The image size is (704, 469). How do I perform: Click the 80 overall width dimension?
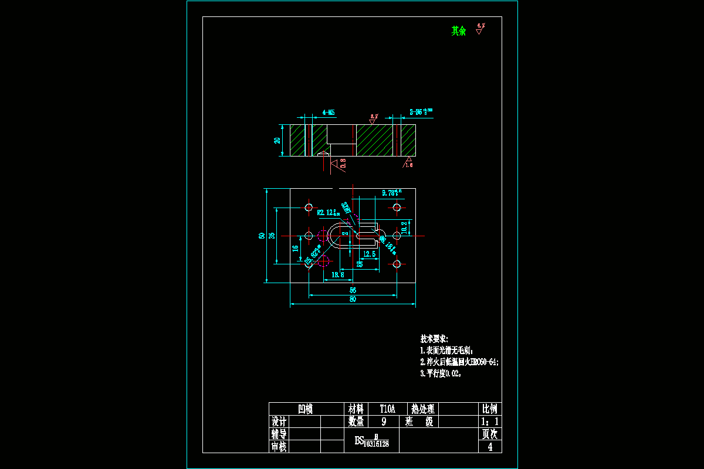tap(353, 300)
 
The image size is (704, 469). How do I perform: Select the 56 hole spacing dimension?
tap(353, 290)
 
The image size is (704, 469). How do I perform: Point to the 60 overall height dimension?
tap(262, 236)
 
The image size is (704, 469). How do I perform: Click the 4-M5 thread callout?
tap(329, 112)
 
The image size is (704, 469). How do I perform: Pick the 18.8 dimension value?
tap(338, 274)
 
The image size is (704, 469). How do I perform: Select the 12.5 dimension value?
tap(370, 254)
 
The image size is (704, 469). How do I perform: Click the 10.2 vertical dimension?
tap(404, 226)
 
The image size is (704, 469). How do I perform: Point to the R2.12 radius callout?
tap(327, 212)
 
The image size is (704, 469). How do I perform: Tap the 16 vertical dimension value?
tap(295, 249)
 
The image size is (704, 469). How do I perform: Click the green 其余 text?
tap(458, 31)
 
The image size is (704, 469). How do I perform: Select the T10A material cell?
tap(388, 409)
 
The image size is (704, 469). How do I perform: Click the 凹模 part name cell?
tap(306, 409)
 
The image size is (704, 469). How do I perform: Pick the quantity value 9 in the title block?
tap(384, 422)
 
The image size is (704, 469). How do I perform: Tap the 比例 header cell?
tap(489, 409)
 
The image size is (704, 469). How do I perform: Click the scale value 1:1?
tap(489, 422)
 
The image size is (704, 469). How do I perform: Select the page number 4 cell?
tap(490, 447)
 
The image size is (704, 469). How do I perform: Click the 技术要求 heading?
tap(434, 339)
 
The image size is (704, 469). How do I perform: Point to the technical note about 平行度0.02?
tap(441, 373)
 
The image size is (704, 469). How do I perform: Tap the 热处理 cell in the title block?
tap(422, 409)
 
